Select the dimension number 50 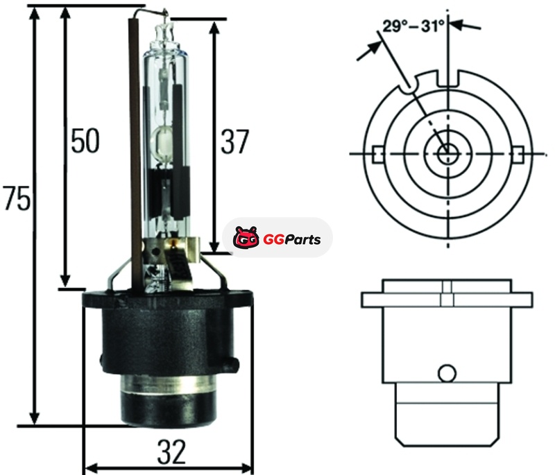coord(85,141)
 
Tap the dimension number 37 coord(234,142)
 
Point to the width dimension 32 coord(171,452)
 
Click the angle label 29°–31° coord(413,26)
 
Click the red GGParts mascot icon coord(246,238)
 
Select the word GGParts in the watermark coord(292,239)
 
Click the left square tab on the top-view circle coord(377,154)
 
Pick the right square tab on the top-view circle coord(518,154)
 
